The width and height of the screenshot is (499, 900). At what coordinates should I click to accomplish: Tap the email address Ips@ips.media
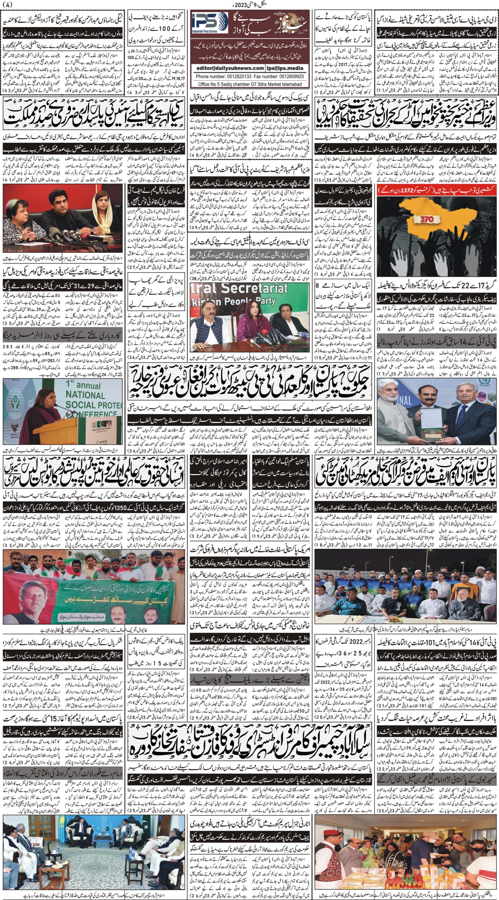[285, 68]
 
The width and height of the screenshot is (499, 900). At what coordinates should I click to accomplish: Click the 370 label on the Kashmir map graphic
[421, 219]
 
